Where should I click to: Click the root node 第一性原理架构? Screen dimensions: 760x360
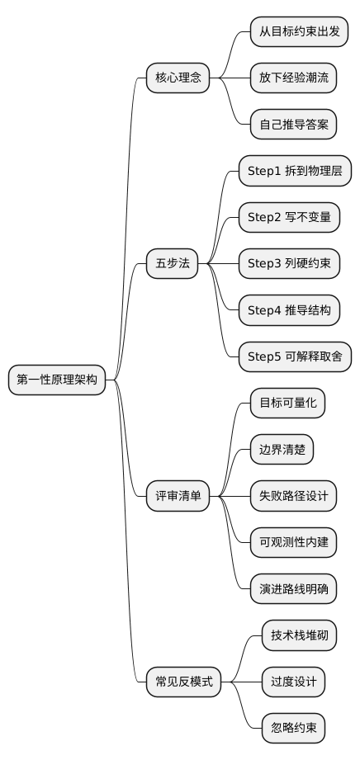(x=57, y=380)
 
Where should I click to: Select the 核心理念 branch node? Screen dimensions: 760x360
(x=178, y=78)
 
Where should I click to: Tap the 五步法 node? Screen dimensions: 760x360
(x=172, y=264)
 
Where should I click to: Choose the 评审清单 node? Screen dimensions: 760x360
(x=178, y=497)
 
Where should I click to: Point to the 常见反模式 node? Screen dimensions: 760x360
(x=183, y=682)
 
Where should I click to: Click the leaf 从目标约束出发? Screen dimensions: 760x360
(x=298, y=31)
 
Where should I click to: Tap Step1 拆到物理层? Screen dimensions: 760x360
(x=295, y=171)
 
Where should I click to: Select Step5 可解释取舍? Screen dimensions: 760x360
(x=295, y=357)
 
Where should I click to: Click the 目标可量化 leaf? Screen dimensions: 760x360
(x=287, y=404)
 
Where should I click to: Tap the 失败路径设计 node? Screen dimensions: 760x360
(x=292, y=497)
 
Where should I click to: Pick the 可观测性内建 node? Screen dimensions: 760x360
(x=292, y=543)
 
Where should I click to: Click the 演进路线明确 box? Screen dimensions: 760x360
(x=292, y=589)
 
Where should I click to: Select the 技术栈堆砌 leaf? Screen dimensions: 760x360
(x=299, y=635)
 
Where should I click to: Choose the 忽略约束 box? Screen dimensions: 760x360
(x=293, y=729)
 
